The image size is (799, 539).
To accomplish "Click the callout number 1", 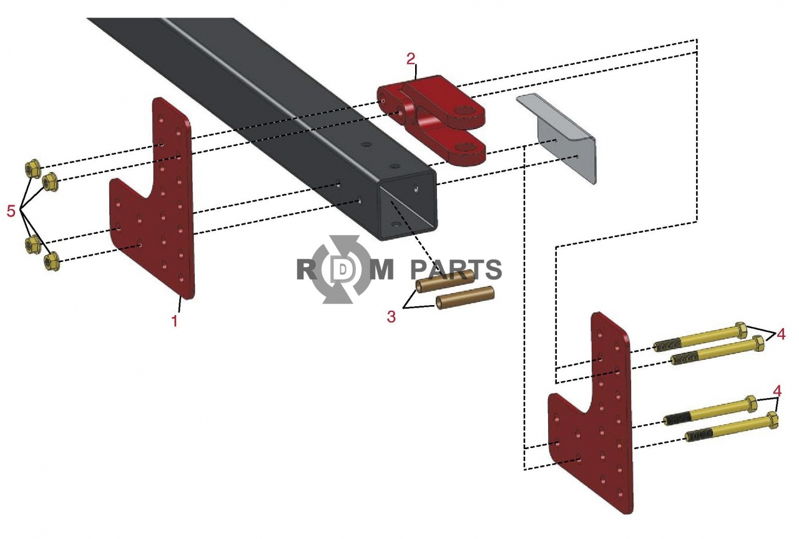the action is tap(174, 321).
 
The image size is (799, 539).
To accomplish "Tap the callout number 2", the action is tap(411, 59).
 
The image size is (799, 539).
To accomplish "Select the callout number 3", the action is tap(391, 316).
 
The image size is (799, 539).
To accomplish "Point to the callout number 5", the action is tap(11, 211).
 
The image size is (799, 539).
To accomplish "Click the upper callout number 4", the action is tap(781, 334).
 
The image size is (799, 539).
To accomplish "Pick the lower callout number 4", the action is tap(777, 391).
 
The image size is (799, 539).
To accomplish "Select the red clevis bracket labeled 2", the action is tap(431, 120).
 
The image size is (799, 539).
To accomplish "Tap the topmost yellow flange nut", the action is tap(33, 168).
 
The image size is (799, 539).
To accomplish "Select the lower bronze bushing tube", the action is tap(465, 298).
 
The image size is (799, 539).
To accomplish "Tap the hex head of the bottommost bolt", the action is tap(772, 420).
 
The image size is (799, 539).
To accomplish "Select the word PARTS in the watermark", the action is tap(456, 270).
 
